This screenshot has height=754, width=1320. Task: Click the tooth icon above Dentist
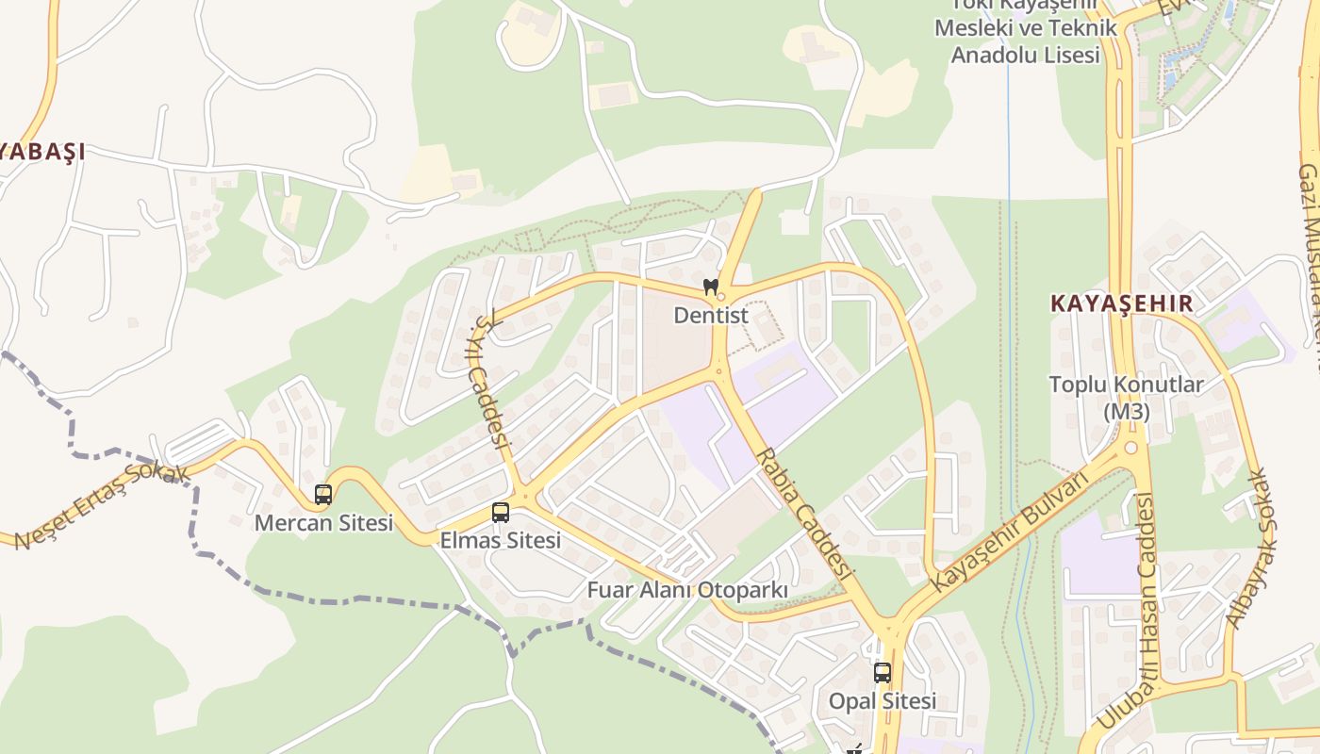(711, 286)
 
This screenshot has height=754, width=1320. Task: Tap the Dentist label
(711, 316)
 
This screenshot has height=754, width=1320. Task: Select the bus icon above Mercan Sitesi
(322, 494)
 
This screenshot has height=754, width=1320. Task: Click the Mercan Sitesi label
(323, 523)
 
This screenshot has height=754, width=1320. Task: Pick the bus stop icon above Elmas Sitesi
(501, 513)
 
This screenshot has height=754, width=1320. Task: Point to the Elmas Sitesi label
(501, 541)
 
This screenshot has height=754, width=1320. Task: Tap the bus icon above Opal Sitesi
(883, 673)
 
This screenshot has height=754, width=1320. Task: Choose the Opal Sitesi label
(883, 702)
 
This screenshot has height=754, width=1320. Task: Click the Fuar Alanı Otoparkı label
(687, 591)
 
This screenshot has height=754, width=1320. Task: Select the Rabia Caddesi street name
(804, 514)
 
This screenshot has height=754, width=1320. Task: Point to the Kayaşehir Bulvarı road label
(1009, 530)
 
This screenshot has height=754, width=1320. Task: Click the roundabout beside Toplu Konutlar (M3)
(1130, 449)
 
